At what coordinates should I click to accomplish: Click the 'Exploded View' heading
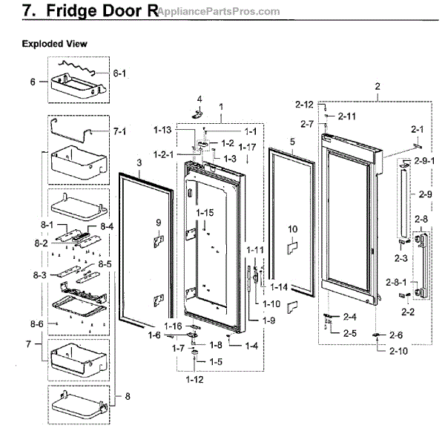click(54, 44)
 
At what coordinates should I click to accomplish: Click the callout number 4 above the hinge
click(199, 99)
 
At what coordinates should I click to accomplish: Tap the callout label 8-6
click(37, 324)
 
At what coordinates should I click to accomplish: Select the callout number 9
click(158, 223)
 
